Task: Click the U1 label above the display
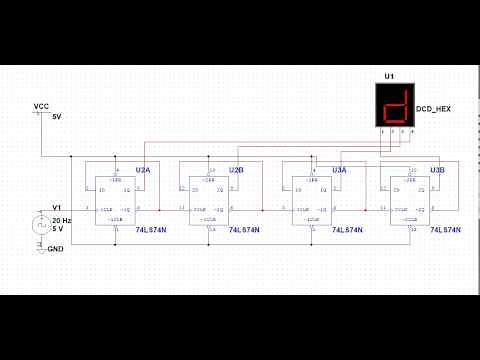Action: point(389,76)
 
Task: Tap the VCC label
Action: point(41,106)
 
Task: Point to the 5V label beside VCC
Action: point(57,117)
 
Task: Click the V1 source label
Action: point(57,207)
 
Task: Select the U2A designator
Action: point(143,171)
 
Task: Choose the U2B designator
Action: point(237,171)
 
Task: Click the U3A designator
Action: point(340,171)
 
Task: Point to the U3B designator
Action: point(438,171)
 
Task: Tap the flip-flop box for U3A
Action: point(313,200)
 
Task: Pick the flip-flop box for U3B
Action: point(410,200)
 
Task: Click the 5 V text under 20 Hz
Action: point(57,227)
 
